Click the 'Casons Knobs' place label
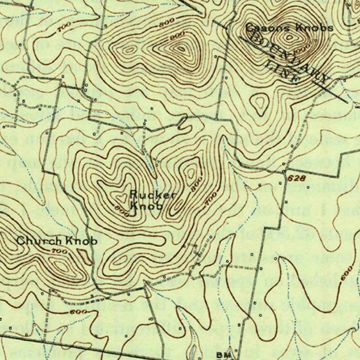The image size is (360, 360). click(289, 27)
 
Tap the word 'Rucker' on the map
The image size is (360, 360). click(152, 194)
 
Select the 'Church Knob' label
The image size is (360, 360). click(57, 241)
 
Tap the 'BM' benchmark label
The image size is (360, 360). click(223, 354)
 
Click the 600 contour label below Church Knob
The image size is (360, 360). click(76, 312)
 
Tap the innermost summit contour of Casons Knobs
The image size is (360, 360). click(289, 37)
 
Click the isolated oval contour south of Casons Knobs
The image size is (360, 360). click(259, 103)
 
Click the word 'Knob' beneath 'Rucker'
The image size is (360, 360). click(147, 206)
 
